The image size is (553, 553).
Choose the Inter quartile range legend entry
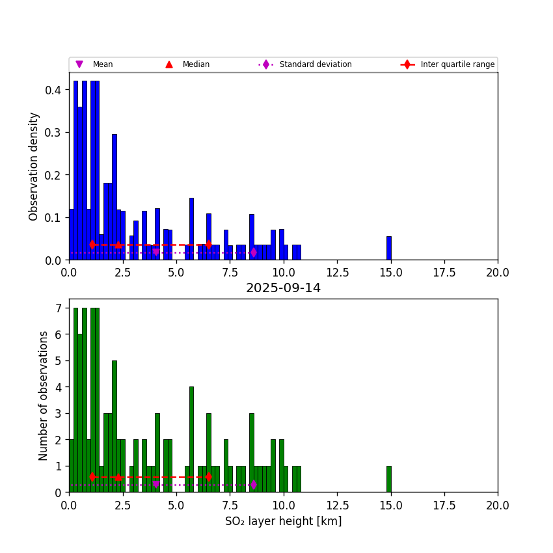pyautogui.click(x=449, y=64)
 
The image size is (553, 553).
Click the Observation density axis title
pyautogui.click(x=34, y=166)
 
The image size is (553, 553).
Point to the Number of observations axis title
pyautogui.click(x=44, y=396)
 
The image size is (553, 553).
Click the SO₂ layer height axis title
pyautogui.click(x=283, y=521)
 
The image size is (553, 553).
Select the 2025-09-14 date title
pyautogui.click(x=283, y=288)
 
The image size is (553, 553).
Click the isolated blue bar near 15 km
pyautogui.click(x=389, y=248)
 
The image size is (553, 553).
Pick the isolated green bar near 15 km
pyautogui.click(x=389, y=479)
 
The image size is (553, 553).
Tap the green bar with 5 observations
pyautogui.click(x=115, y=426)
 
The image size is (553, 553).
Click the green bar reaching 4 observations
pyautogui.click(x=191, y=439)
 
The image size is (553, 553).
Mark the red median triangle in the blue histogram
pyautogui.click(x=118, y=245)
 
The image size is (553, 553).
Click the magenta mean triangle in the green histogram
pyautogui.click(x=156, y=485)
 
